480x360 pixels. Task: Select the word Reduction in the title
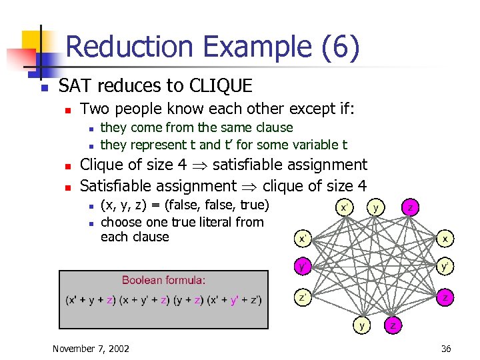(x=131, y=47)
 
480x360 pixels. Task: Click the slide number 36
(x=445, y=349)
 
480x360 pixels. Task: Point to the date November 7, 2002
(x=91, y=349)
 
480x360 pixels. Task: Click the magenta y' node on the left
(x=303, y=267)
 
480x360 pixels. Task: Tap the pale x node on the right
(x=445, y=237)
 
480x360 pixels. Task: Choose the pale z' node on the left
(x=303, y=297)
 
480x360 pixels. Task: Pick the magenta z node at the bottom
(x=394, y=327)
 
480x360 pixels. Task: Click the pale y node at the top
(x=377, y=207)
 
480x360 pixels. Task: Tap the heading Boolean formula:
(x=163, y=280)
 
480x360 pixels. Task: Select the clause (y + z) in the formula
(x=191, y=301)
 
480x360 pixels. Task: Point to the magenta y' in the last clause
(x=234, y=301)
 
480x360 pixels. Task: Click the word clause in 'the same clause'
(x=273, y=127)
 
